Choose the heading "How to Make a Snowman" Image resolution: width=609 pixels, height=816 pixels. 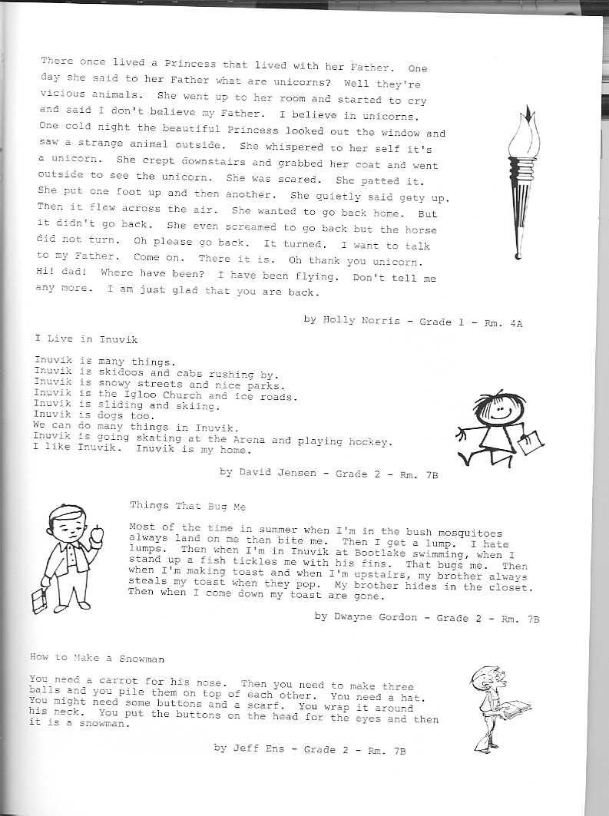point(97,658)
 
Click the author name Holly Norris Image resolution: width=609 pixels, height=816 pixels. point(361,320)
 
